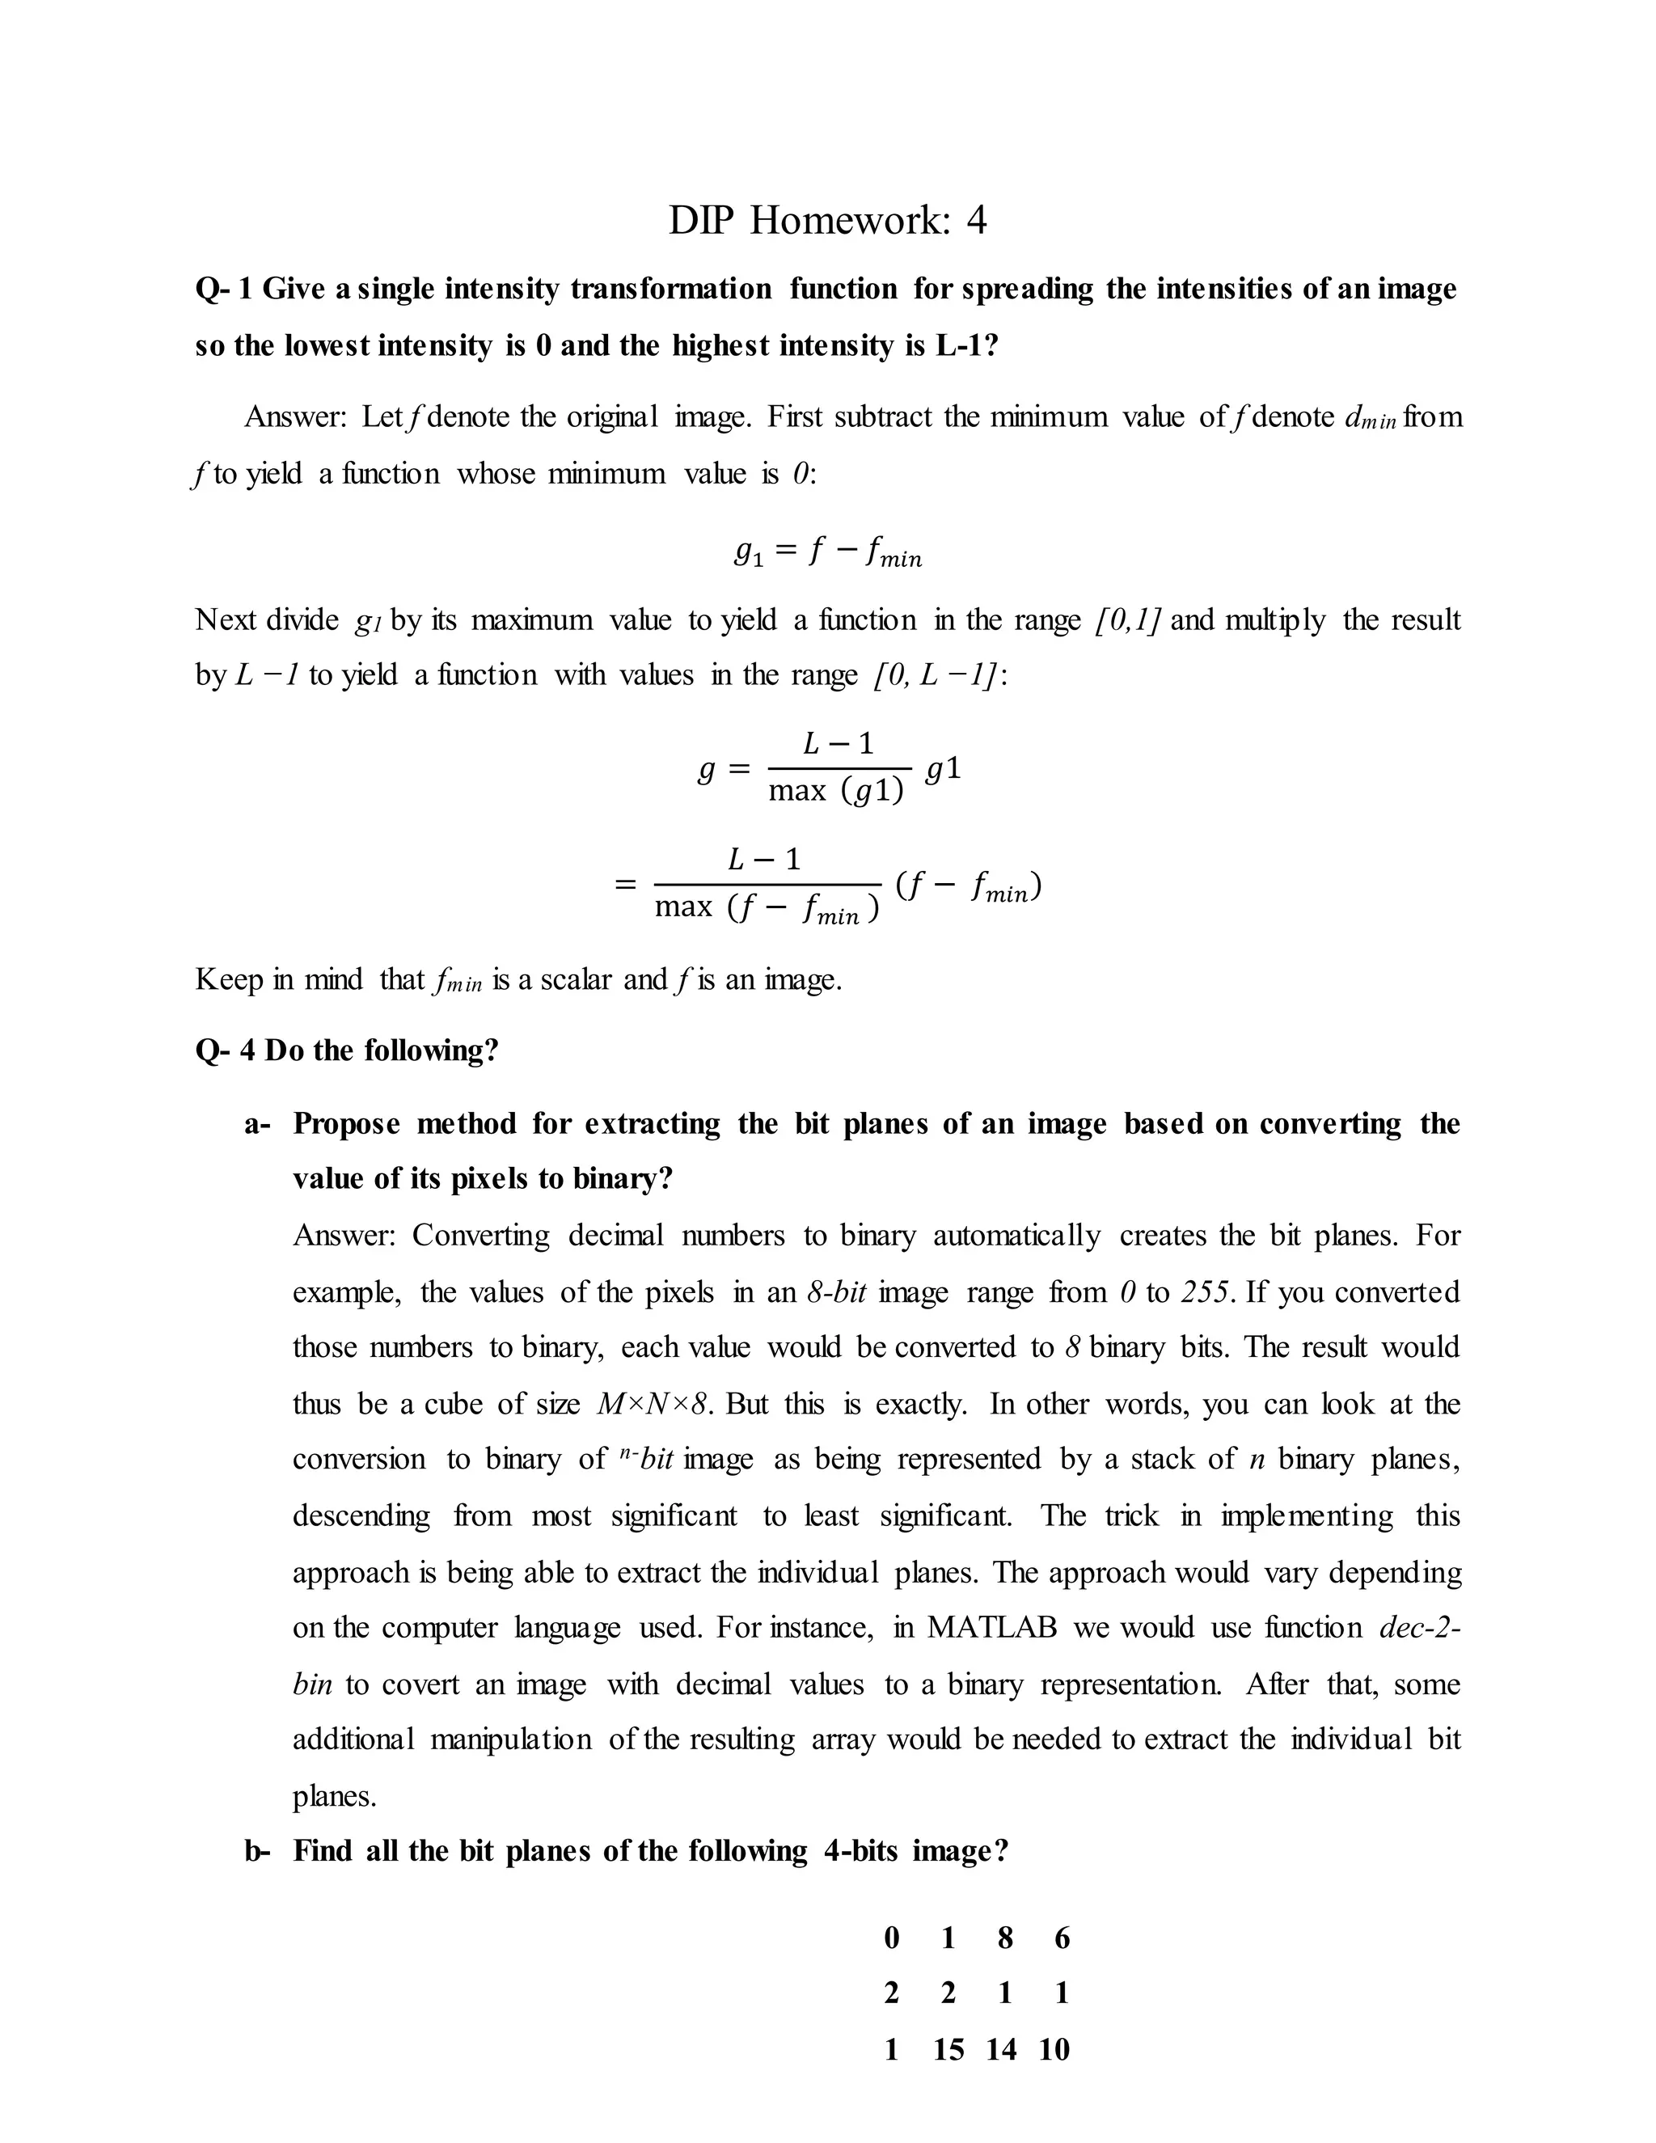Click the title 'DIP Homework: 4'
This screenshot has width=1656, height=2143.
coord(827,220)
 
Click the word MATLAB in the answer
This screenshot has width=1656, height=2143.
coord(992,1627)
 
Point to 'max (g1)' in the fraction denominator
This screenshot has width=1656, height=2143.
coord(836,791)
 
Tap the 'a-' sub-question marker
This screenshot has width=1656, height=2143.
coord(257,1123)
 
